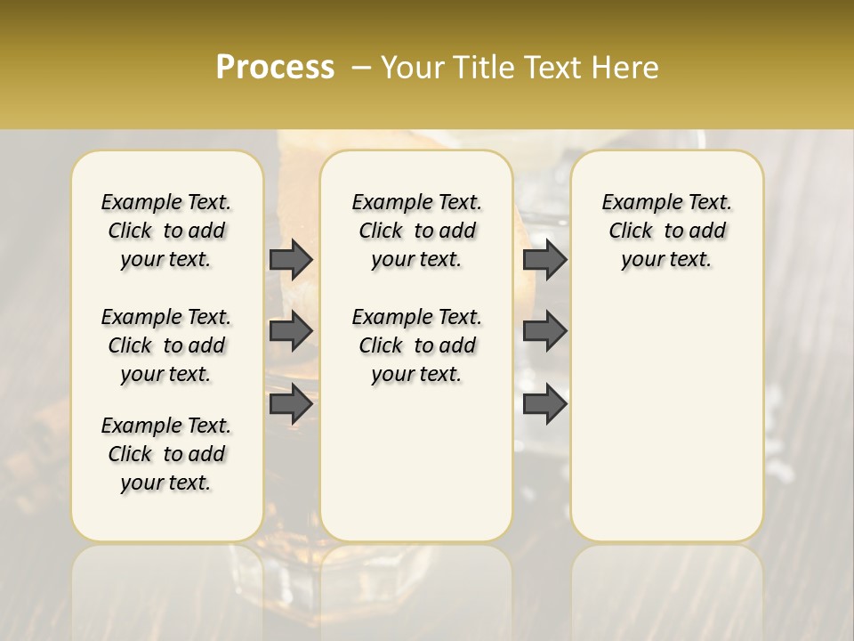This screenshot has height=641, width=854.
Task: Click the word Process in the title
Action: coord(274,68)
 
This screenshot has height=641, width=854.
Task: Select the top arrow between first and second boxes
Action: coord(291,259)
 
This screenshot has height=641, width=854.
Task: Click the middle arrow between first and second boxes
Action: coord(291,331)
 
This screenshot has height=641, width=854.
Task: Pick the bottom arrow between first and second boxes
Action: coord(291,403)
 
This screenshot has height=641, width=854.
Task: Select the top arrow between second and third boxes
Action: coord(544,259)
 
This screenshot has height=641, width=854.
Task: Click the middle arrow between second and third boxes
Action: coord(544,331)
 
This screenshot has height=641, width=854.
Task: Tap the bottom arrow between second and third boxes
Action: coord(544,403)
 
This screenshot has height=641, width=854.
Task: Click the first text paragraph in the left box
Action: coord(166,231)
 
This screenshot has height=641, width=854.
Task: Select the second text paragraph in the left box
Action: coord(166,345)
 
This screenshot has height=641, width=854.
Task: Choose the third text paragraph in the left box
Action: coord(166,454)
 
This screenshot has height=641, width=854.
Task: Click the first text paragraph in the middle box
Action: coord(416,231)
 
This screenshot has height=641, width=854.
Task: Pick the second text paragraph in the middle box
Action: coord(416,345)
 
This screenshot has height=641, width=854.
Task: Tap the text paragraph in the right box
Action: coord(666,231)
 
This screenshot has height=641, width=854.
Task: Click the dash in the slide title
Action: coord(360,68)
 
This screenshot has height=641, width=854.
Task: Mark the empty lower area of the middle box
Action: coord(416,463)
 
